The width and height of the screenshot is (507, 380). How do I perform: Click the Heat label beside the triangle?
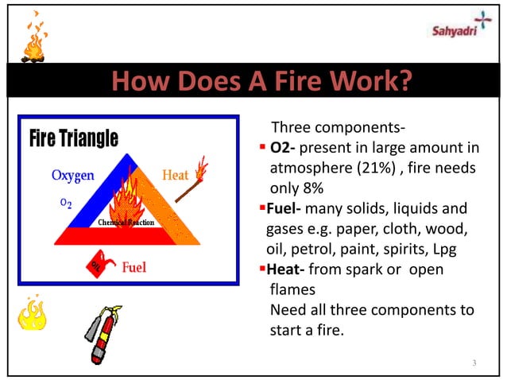click(x=175, y=174)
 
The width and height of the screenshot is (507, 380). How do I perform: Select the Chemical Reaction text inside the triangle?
click(x=126, y=222)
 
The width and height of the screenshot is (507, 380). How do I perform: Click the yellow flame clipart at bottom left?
click(x=31, y=314)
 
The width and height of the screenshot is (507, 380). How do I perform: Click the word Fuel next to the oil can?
click(x=133, y=267)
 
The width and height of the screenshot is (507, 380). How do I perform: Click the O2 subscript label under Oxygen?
click(x=67, y=204)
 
